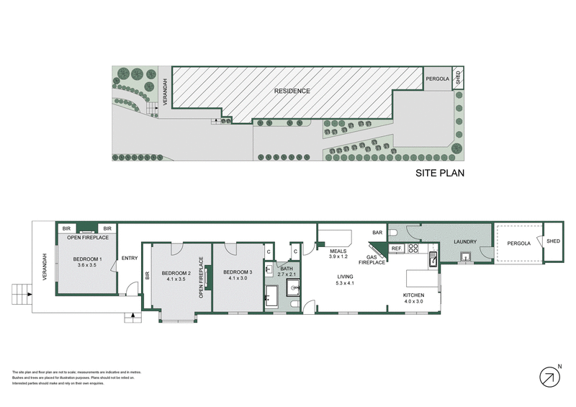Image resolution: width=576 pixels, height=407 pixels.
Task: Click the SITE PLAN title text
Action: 440,173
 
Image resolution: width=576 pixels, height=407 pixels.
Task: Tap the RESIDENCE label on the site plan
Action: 292,91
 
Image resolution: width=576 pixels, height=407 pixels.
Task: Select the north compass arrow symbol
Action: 550,376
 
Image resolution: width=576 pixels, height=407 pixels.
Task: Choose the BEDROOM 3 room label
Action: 238,274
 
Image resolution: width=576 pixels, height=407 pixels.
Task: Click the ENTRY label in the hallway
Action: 130,259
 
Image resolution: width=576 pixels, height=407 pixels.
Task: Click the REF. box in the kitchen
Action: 396,249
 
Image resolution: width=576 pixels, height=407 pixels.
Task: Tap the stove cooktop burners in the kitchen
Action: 414,249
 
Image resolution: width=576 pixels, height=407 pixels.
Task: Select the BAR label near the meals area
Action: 377,233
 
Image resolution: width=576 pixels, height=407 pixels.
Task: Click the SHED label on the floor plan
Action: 554,241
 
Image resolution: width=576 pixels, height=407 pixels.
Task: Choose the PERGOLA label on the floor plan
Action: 518,243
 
